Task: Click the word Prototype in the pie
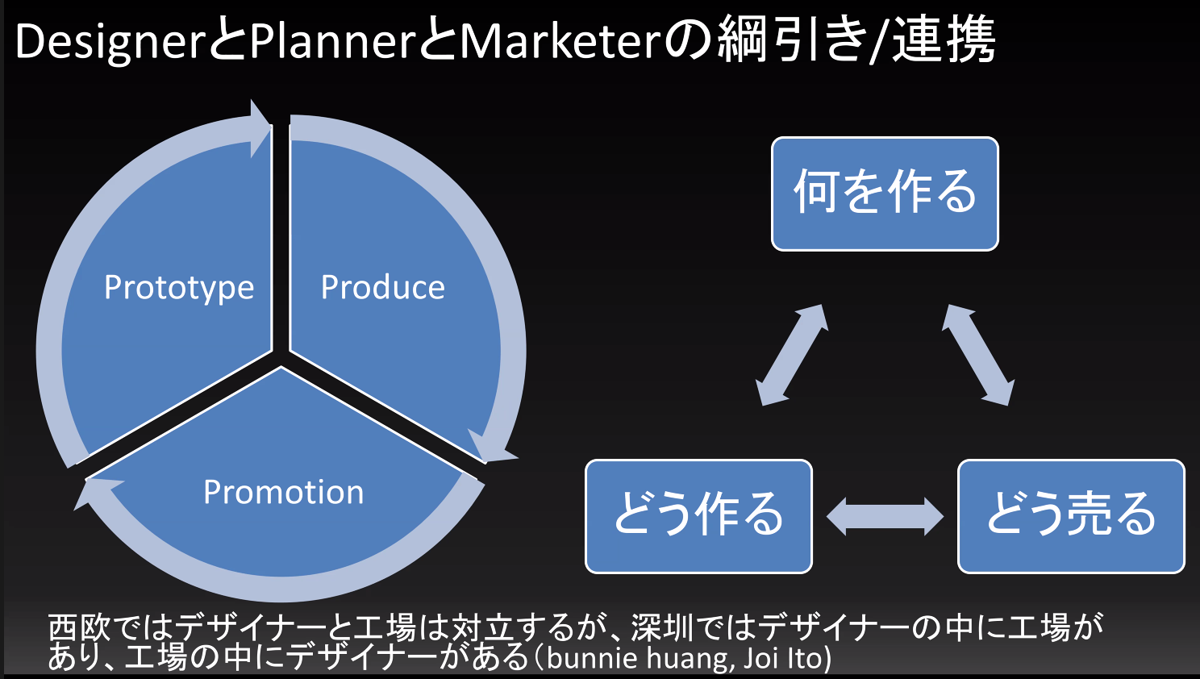pos(179,288)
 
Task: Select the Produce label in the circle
pos(382,288)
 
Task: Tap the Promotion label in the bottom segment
pos(283,493)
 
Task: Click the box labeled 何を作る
pos(885,194)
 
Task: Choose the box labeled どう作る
pos(698,516)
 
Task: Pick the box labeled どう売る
pos(1071,516)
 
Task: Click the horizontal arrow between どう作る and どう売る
pos(885,516)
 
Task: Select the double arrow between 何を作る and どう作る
pos(792,355)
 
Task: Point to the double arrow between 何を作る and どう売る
pos(977,355)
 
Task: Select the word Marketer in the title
pos(560,42)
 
